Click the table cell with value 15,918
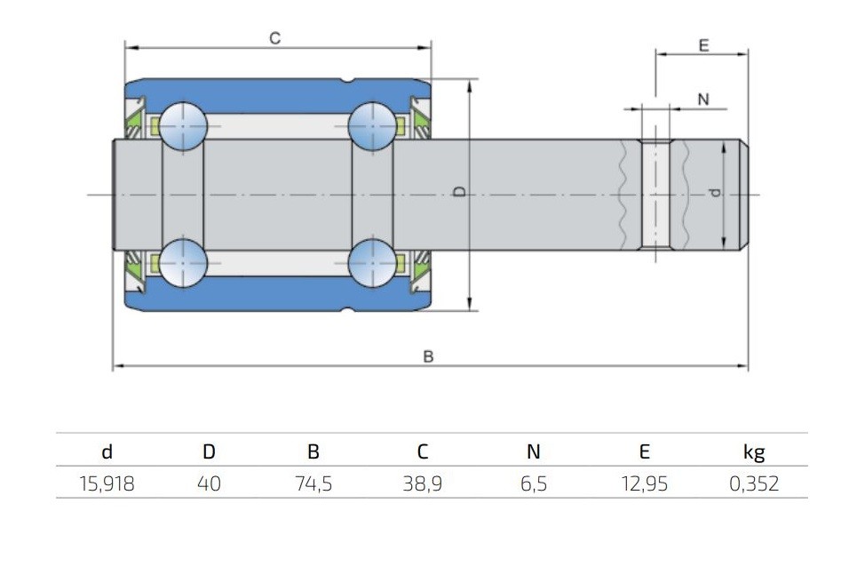tap(107, 483)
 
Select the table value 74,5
tap(313, 483)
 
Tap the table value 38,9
tap(423, 483)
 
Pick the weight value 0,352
tap(754, 483)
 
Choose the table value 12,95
tap(645, 483)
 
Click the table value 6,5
tap(534, 483)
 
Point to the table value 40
tap(209, 483)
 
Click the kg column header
tap(754, 452)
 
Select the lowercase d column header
tap(107, 451)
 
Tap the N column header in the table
tap(534, 451)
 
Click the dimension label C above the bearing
tap(275, 38)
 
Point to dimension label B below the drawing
tap(428, 356)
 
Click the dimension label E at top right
tap(703, 45)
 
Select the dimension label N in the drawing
tap(703, 100)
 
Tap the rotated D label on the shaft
tap(459, 191)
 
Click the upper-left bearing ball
tap(184, 126)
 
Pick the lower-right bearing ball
tap(372, 263)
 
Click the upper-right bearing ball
tap(372, 126)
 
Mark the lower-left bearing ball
tap(184, 263)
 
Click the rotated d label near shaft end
tap(715, 192)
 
